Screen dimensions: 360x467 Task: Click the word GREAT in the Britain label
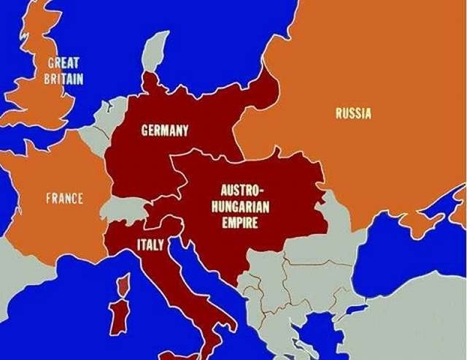[x=63, y=64]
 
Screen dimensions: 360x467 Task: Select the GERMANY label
[x=164, y=131]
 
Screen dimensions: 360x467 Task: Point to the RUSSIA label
[x=353, y=113]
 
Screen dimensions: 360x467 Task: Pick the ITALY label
[x=150, y=244]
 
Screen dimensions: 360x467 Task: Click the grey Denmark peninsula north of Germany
[x=154, y=51]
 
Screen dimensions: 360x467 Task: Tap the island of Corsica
[x=125, y=286]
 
